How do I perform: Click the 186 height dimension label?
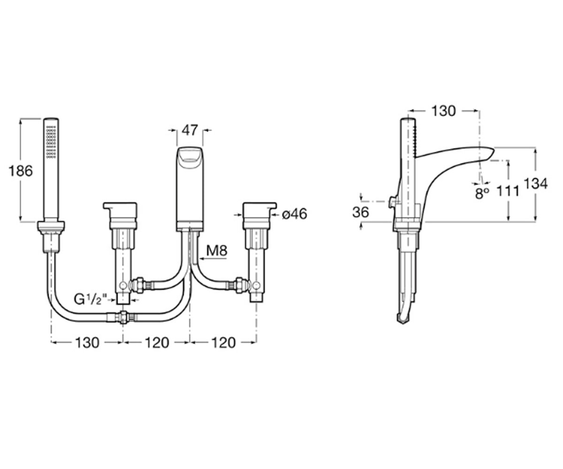pyautogui.click(x=21, y=171)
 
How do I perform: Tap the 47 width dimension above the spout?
pyautogui.click(x=190, y=130)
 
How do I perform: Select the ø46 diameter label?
pyautogui.click(x=295, y=214)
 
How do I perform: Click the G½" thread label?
pyautogui.click(x=91, y=299)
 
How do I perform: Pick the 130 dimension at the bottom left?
pyautogui.click(x=87, y=343)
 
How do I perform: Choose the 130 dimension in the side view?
pyautogui.click(x=444, y=111)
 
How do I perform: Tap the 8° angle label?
pyautogui.click(x=482, y=193)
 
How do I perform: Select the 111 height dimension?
pyautogui.click(x=508, y=192)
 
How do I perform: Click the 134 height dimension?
pyautogui.click(x=536, y=184)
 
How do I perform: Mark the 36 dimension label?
pyautogui.click(x=360, y=212)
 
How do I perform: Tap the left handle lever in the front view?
pyautogui.click(x=120, y=212)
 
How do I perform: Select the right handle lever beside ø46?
pyautogui.click(x=259, y=212)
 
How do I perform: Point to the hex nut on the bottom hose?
pyautogui.click(x=123, y=318)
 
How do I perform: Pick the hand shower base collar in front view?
pyautogui.click(x=51, y=227)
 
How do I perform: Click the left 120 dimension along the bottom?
pyautogui.click(x=157, y=343)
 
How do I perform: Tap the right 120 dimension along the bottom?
pyautogui.click(x=223, y=343)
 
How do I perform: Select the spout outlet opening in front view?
pyautogui.click(x=190, y=157)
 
